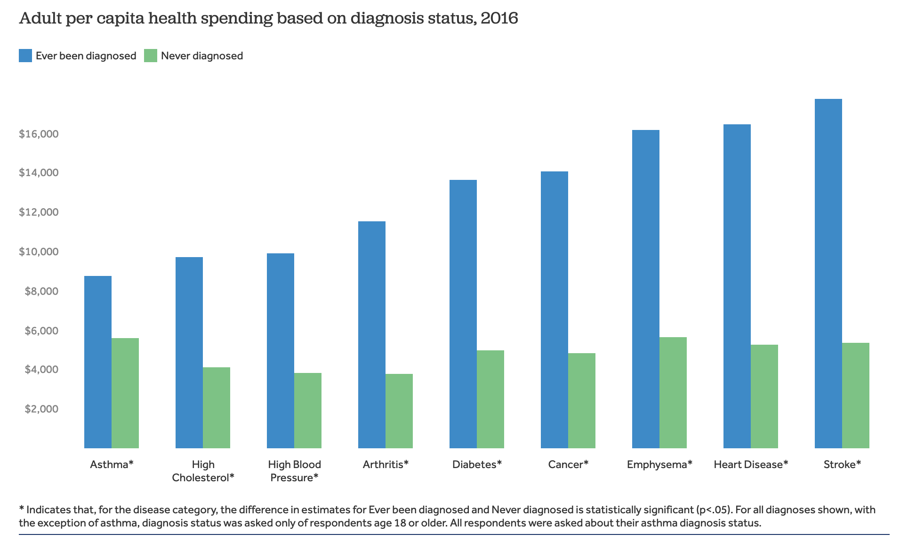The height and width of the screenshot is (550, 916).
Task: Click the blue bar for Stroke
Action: (x=828, y=273)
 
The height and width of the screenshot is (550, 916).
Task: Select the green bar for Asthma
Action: (x=125, y=393)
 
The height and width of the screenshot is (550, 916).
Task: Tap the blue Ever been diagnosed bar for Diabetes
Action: (x=463, y=314)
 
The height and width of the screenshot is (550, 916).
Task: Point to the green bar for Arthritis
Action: (x=399, y=411)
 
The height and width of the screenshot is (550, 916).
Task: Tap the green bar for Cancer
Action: (x=581, y=400)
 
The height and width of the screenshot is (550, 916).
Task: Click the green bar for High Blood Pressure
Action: (x=307, y=410)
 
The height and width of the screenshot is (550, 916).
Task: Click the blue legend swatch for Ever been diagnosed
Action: (x=25, y=56)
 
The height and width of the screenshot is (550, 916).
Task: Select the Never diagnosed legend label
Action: (x=202, y=56)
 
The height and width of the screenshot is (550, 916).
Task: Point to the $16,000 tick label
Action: (x=39, y=134)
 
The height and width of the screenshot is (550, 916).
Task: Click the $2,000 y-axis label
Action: (x=41, y=409)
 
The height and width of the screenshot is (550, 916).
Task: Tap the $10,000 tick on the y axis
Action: (x=39, y=251)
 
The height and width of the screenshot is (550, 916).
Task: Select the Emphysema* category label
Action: (x=659, y=464)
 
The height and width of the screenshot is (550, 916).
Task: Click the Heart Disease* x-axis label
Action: (x=750, y=464)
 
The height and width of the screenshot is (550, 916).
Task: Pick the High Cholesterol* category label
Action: (x=203, y=471)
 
